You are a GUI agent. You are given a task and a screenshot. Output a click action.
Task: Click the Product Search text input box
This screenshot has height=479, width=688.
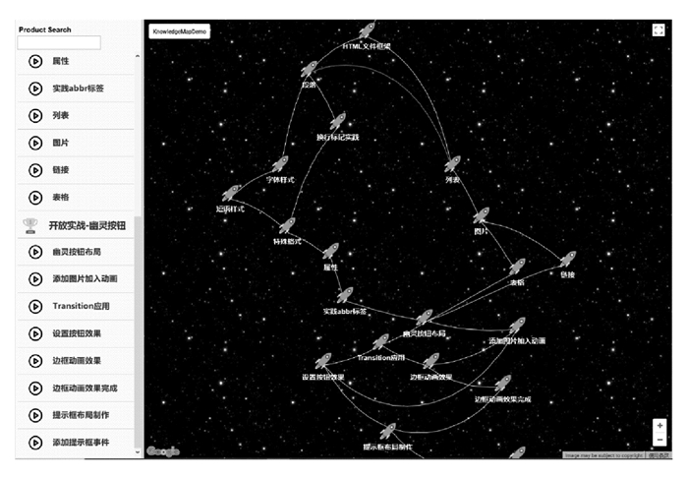pos(59,43)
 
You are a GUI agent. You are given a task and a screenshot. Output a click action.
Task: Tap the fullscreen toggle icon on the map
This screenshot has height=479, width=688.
pos(659,30)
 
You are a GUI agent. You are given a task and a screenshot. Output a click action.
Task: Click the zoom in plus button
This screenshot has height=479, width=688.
pos(659,426)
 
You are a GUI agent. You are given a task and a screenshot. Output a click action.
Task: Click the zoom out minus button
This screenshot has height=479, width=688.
pos(659,440)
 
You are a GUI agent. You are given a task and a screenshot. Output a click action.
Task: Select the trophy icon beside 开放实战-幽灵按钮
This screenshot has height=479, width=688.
pos(29,225)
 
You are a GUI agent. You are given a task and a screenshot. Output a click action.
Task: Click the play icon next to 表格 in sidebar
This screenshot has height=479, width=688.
pos(34,198)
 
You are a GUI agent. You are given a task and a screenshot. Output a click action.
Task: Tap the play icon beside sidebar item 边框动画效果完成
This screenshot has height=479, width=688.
pos(34,389)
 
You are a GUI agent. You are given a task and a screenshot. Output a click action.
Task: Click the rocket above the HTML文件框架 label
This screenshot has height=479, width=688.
pos(367,31)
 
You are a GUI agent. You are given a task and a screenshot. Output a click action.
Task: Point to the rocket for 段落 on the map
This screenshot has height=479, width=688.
pos(309,70)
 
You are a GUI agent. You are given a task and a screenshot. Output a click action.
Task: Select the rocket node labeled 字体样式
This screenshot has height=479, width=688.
pos(280,164)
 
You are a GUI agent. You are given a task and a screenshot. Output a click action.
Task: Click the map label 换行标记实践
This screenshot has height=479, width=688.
pos(337,137)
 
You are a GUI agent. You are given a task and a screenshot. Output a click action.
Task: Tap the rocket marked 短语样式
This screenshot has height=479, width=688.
pos(232,193)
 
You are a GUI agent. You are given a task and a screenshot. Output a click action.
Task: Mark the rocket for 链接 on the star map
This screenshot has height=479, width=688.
pos(567,260)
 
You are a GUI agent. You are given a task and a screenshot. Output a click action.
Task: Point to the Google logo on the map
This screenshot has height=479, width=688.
pos(164,451)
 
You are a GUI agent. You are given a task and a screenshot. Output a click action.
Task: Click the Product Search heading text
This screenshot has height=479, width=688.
pos(45,30)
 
